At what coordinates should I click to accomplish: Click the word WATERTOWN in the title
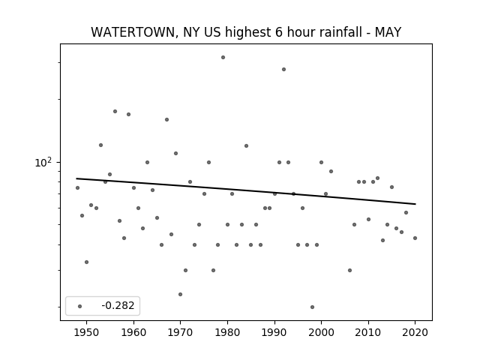tap(134, 32)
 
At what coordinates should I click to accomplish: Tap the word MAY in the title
tap(388, 32)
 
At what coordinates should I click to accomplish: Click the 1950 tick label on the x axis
tap(87, 332)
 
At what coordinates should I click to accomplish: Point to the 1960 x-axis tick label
tap(133, 332)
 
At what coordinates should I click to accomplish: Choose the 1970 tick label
tap(181, 332)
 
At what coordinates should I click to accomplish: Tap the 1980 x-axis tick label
tap(227, 332)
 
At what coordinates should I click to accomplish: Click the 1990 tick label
tap(274, 332)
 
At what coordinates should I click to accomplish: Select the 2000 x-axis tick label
tap(322, 332)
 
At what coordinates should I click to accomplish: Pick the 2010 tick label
tap(368, 332)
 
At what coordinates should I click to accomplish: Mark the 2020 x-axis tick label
tap(415, 332)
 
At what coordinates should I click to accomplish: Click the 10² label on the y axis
tap(43, 163)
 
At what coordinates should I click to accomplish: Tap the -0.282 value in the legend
tap(118, 305)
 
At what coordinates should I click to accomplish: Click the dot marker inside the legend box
tap(80, 306)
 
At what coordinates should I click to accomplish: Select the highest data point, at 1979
tap(223, 58)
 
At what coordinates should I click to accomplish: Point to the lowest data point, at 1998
tap(312, 307)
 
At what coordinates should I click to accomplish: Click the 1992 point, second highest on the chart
tap(283, 70)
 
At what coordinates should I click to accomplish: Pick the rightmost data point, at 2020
tap(415, 238)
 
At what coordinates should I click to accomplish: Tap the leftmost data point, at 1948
tap(77, 188)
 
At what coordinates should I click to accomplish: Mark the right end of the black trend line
tap(415, 204)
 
